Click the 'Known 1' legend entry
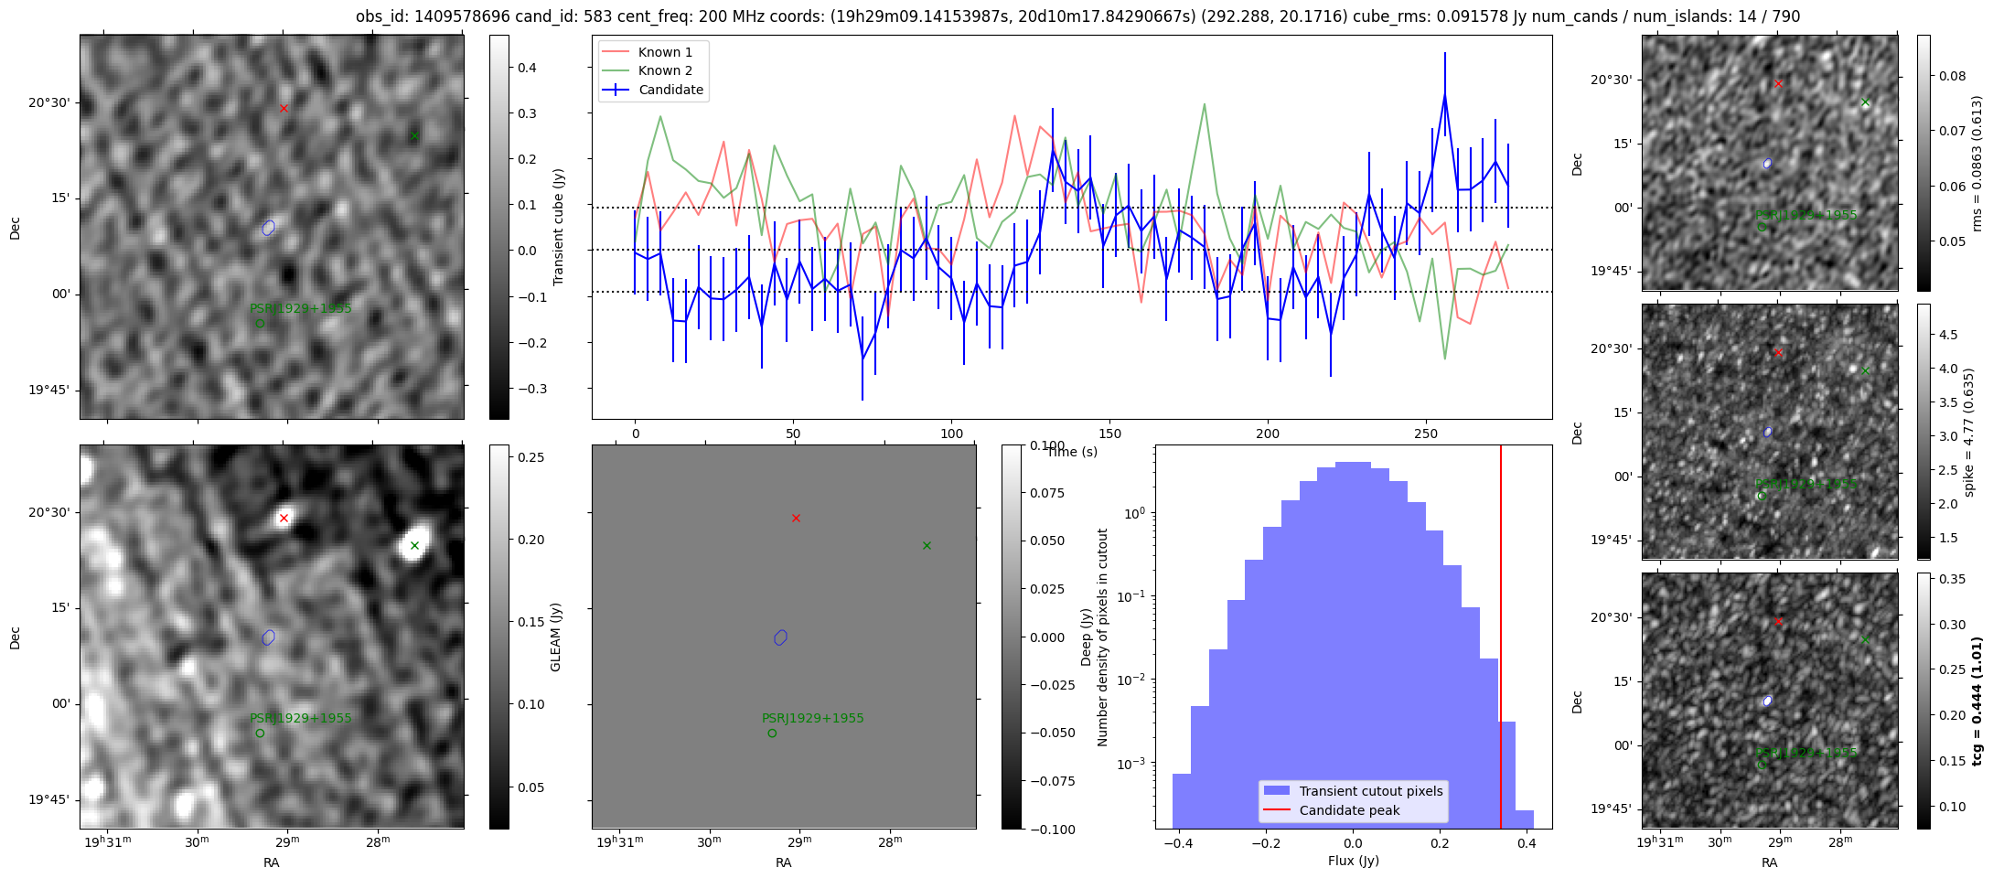(x=664, y=52)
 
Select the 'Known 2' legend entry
(x=664, y=70)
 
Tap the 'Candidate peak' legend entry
(x=1349, y=810)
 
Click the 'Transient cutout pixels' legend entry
(x=1370, y=791)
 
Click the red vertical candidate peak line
(x=1501, y=640)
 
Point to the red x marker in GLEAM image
(x=284, y=519)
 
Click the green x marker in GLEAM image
(x=414, y=546)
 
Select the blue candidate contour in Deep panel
(x=780, y=637)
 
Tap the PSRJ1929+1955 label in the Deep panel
(x=812, y=718)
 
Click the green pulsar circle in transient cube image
(x=260, y=323)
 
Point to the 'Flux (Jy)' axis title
(x=1353, y=861)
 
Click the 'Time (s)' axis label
(x=1072, y=452)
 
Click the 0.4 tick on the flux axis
(x=1526, y=844)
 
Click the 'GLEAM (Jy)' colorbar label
(x=555, y=637)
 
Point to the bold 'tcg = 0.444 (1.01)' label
(x=1977, y=701)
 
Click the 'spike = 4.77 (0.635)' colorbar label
(x=1969, y=433)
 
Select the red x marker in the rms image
(x=1778, y=84)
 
